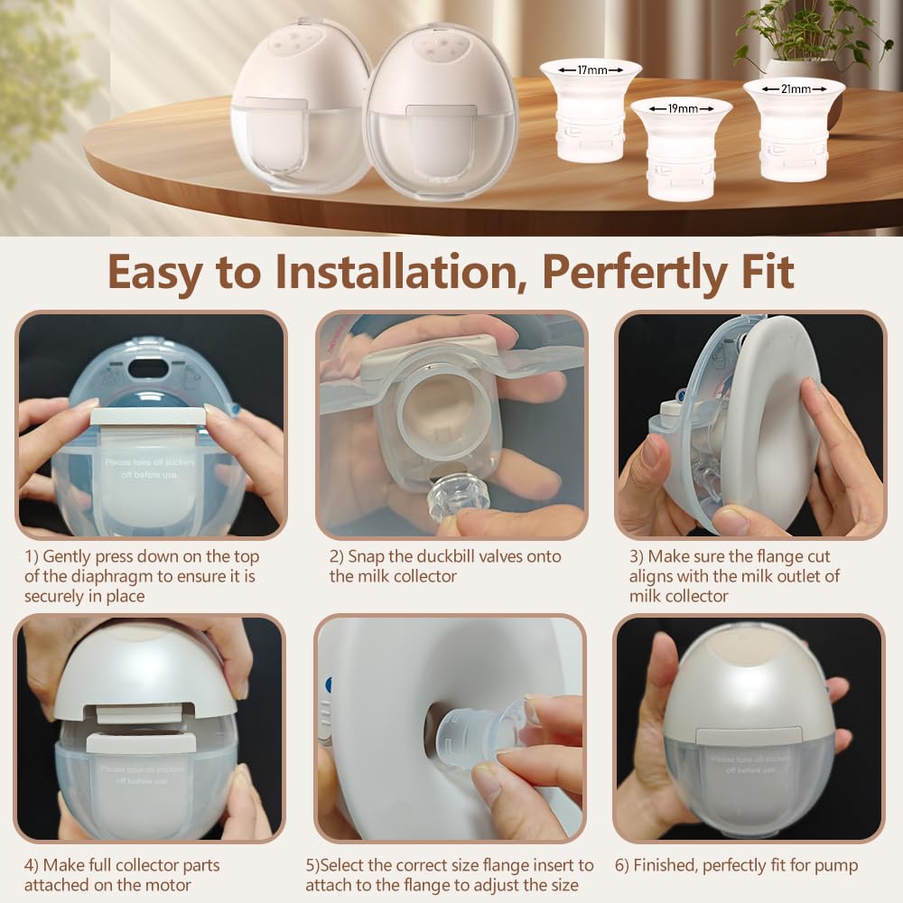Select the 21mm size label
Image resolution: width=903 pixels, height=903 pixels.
[794, 88]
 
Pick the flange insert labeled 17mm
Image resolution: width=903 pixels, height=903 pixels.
[591, 113]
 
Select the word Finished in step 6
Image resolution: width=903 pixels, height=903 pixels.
[675, 865]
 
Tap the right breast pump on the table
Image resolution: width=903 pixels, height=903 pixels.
[441, 113]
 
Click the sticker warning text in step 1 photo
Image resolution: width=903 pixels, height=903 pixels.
[149, 470]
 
